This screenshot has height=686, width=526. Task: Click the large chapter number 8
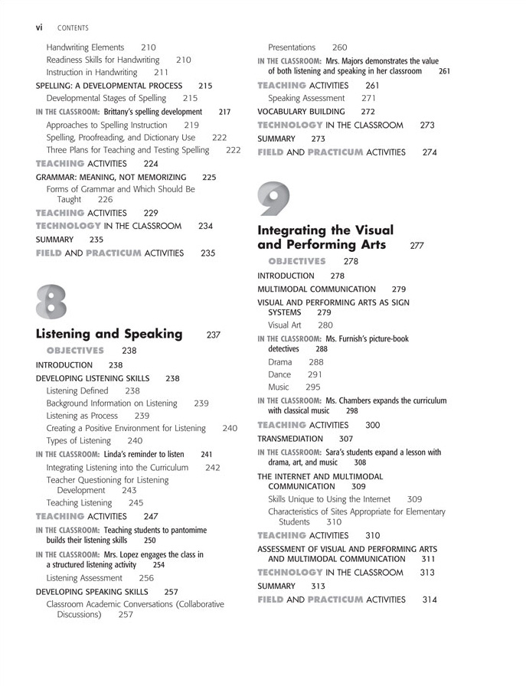[x=51, y=300]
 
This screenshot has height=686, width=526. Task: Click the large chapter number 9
[x=273, y=198]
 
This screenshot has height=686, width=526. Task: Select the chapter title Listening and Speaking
[x=109, y=334]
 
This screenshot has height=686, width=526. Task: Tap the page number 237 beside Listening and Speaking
[x=214, y=335]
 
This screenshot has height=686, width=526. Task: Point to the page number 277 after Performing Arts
[x=417, y=246]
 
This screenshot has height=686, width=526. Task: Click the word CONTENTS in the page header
[x=72, y=28]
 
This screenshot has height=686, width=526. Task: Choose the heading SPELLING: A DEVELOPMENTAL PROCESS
[x=109, y=86]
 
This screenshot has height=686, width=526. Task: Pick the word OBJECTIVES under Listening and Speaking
[x=75, y=351]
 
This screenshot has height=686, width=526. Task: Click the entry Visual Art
[x=285, y=325]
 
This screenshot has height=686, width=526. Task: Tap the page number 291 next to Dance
[x=315, y=375]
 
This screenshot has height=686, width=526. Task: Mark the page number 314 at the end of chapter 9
[x=430, y=599]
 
